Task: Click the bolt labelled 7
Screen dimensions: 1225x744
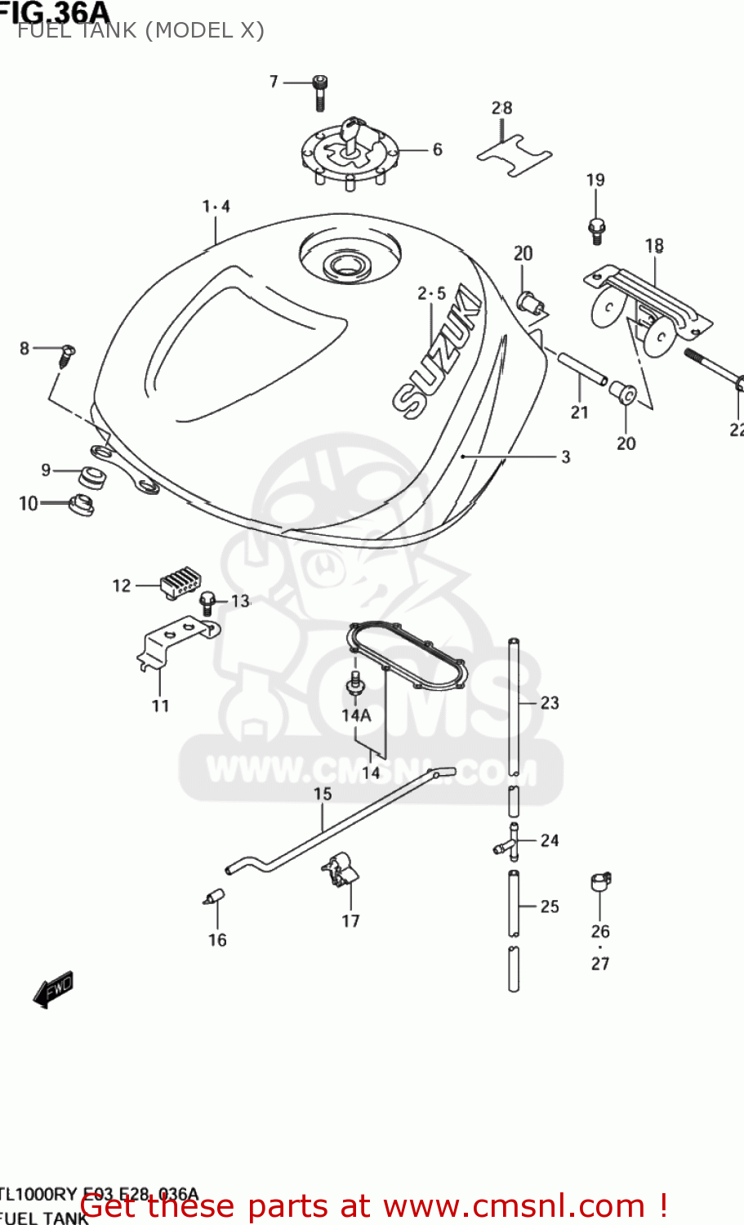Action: (320, 91)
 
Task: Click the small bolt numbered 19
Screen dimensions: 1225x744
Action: (596, 230)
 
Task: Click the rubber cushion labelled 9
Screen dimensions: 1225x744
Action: (92, 477)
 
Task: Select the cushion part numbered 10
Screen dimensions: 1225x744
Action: (81, 505)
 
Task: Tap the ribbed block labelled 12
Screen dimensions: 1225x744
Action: (180, 584)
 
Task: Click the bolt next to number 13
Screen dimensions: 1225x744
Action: (208, 604)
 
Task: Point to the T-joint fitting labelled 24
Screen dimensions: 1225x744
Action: (507, 843)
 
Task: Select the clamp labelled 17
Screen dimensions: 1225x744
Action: (339, 870)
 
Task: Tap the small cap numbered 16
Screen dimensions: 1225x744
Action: (215, 896)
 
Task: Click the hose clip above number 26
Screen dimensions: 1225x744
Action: (600, 882)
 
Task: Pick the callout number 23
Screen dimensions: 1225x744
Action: (550, 702)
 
